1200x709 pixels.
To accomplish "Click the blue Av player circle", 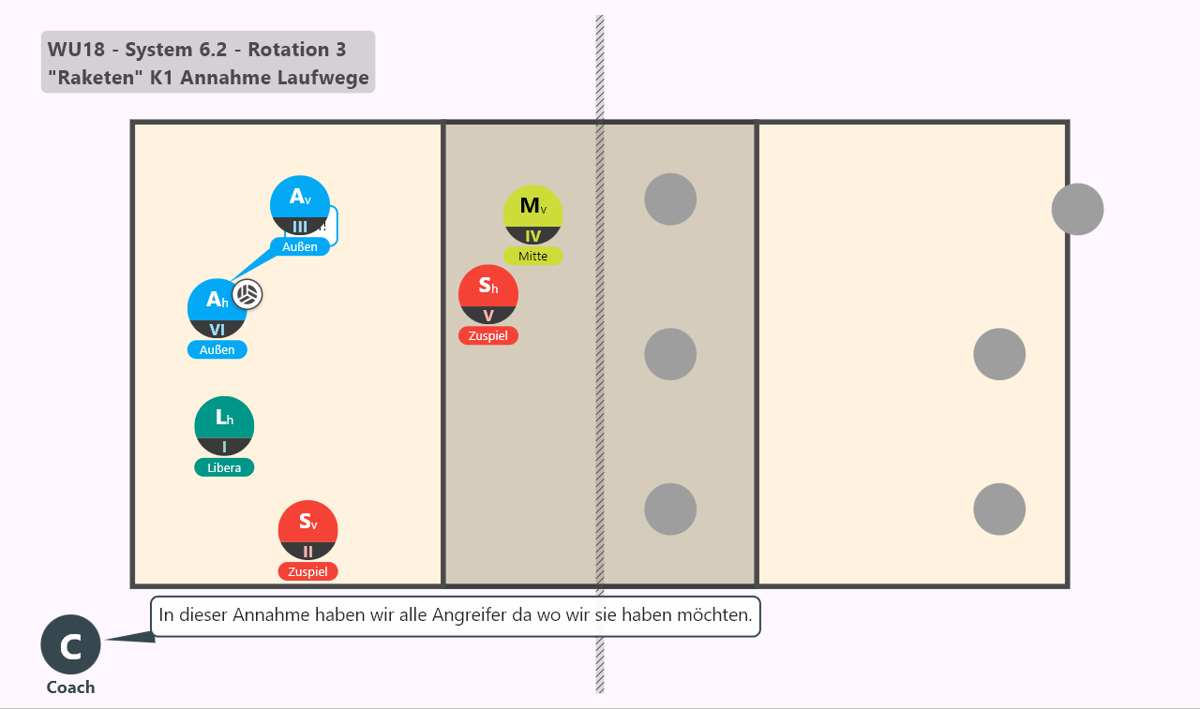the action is (299, 205).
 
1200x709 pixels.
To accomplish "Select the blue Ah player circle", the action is (217, 308).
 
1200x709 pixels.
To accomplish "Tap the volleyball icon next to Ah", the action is (247, 294).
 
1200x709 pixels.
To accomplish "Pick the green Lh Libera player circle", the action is (224, 426).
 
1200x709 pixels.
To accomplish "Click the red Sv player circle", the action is (308, 530).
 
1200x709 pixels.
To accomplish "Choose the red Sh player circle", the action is (488, 294).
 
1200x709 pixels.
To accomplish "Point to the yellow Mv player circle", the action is (533, 214).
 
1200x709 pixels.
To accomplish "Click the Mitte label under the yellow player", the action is (533, 257).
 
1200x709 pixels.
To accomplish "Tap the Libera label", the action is (224, 467).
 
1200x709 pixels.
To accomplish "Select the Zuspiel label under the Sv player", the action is (308, 571).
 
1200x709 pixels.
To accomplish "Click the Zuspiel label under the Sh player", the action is (488, 335).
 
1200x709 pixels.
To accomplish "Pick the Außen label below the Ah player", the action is (217, 350).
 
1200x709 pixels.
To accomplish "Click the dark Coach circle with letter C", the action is (70, 644).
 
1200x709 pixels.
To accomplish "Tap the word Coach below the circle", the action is (70, 687).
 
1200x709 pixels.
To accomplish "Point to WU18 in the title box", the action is (76, 50).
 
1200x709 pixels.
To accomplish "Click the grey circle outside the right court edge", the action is (1077, 209).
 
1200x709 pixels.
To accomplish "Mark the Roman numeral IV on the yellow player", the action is (533, 236).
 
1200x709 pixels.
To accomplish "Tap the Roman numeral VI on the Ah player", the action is (217, 330).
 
